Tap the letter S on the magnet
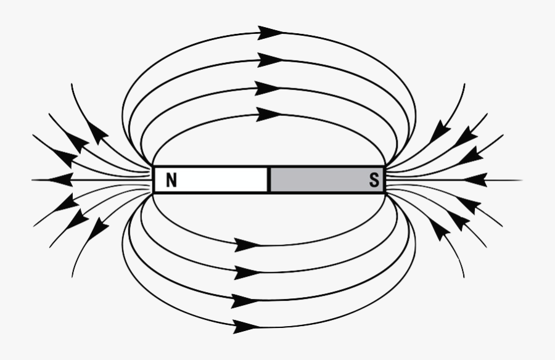[x=374, y=181]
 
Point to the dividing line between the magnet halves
[x=268, y=180]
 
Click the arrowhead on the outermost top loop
[x=270, y=33]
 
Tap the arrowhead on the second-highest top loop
[x=270, y=60]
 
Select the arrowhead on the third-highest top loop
[x=268, y=88]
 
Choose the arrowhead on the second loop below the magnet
[x=246, y=272]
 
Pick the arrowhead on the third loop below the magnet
[x=244, y=301]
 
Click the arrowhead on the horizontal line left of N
[x=60, y=180]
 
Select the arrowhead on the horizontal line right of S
[x=475, y=180]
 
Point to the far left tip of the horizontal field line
[x=33, y=180]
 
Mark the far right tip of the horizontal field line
[x=522, y=180]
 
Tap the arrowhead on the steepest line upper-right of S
[x=439, y=131]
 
